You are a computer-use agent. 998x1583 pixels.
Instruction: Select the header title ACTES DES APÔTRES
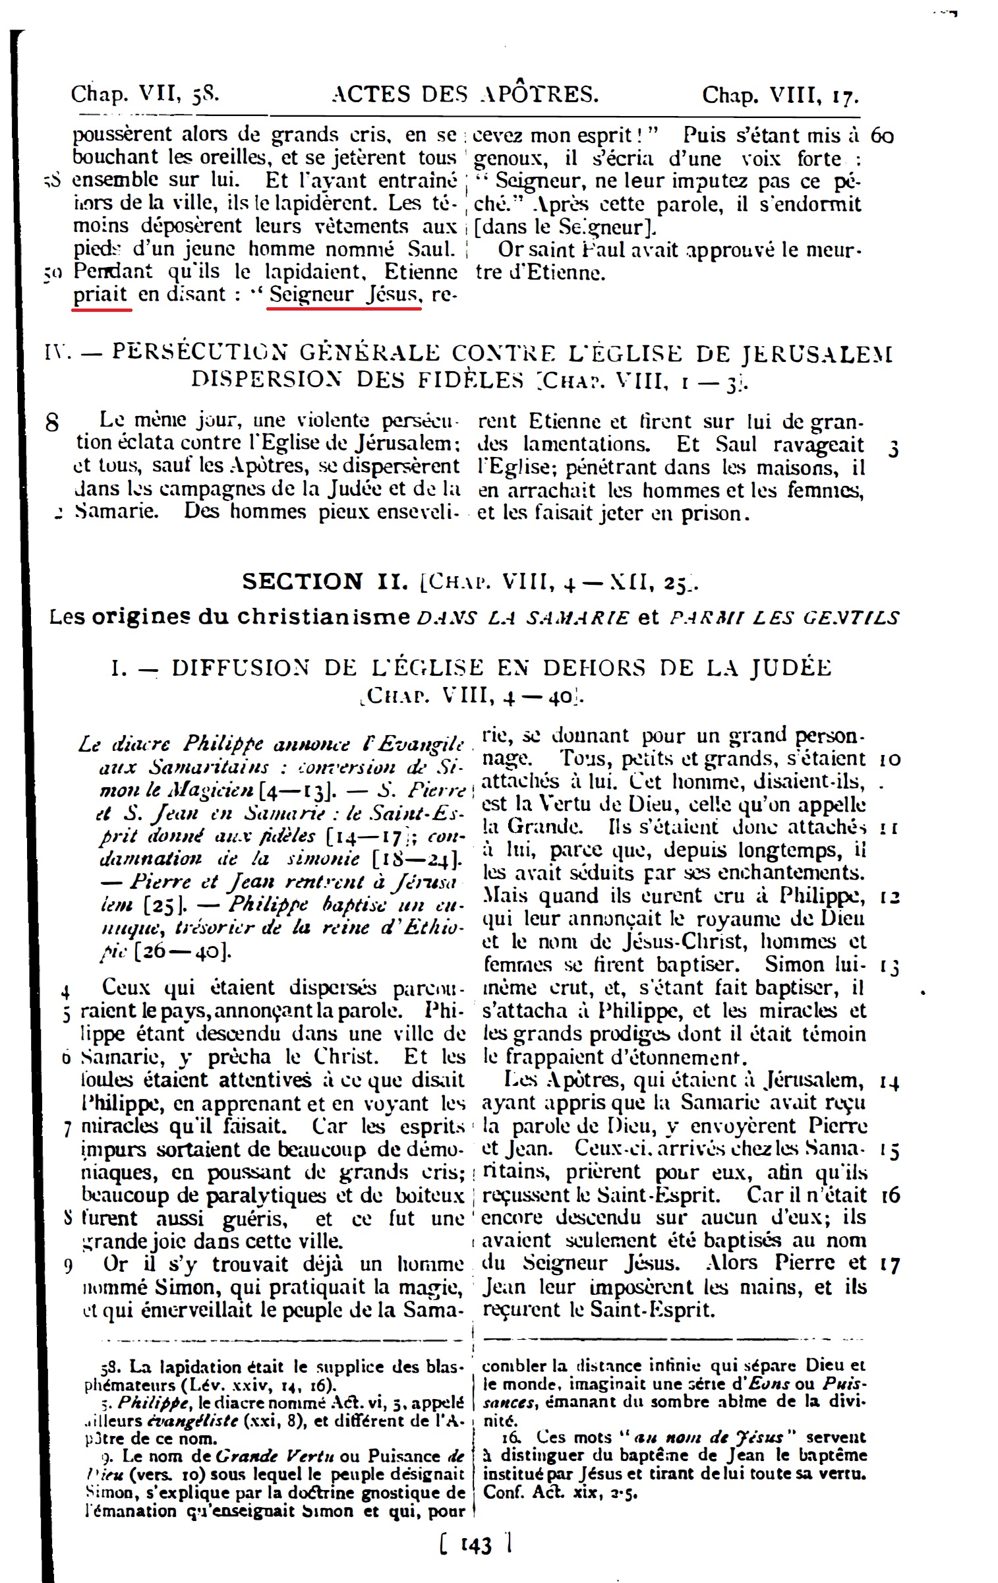click(466, 95)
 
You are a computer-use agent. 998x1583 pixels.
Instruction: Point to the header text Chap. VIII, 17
click(780, 96)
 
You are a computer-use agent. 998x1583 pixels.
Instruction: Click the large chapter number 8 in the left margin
click(52, 423)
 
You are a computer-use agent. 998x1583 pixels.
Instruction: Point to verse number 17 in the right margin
click(890, 1265)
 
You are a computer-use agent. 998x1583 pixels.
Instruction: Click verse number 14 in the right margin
click(890, 1082)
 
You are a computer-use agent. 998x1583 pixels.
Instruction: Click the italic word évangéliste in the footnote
click(184, 1420)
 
